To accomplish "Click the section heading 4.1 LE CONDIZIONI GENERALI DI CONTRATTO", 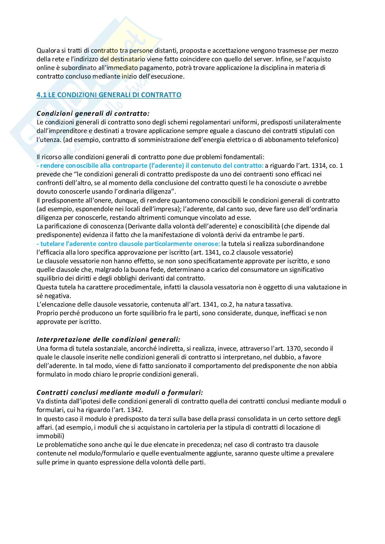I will coord(109,95).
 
